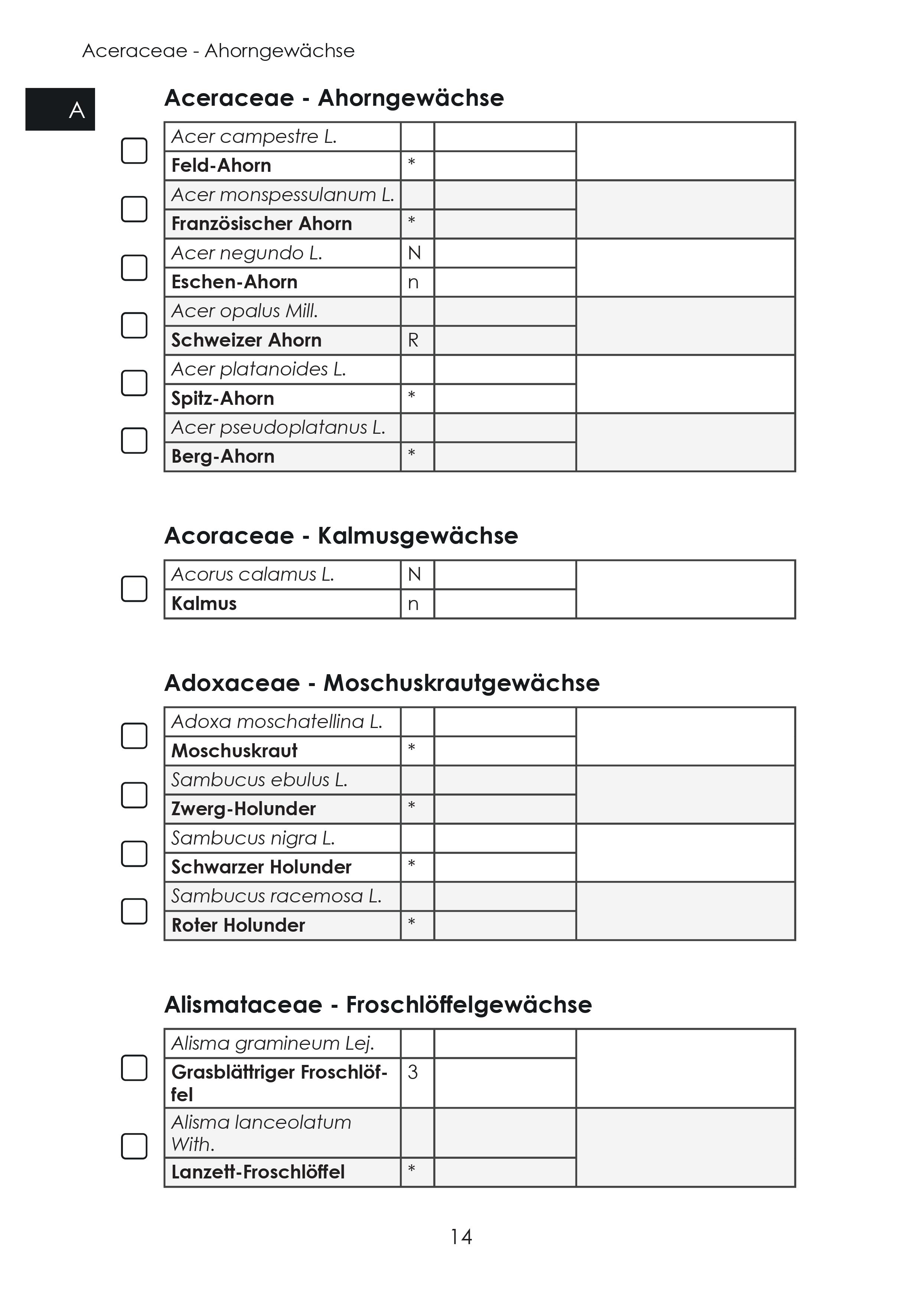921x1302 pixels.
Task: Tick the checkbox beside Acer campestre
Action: point(134,151)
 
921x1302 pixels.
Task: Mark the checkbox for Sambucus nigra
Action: point(134,853)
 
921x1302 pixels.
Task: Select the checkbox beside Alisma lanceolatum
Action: point(134,1146)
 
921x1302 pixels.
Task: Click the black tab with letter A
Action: point(60,109)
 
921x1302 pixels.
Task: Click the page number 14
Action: point(461,1236)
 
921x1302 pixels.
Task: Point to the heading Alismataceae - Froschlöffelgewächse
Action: point(378,1004)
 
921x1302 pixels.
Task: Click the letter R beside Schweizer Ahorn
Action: point(413,340)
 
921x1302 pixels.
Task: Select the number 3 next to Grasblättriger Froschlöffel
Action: point(412,1072)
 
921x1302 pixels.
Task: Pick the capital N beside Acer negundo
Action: point(414,253)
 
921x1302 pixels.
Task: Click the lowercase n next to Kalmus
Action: point(413,604)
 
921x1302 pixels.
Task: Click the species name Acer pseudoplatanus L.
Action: point(278,427)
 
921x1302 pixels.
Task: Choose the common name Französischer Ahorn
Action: point(262,224)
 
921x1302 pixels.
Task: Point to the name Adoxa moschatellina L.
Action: point(277,722)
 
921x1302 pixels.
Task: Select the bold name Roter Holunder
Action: point(238,925)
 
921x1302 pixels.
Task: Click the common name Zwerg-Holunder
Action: point(244,809)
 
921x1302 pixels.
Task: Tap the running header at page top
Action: point(219,51)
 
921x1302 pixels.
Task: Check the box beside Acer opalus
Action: point(134,325)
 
